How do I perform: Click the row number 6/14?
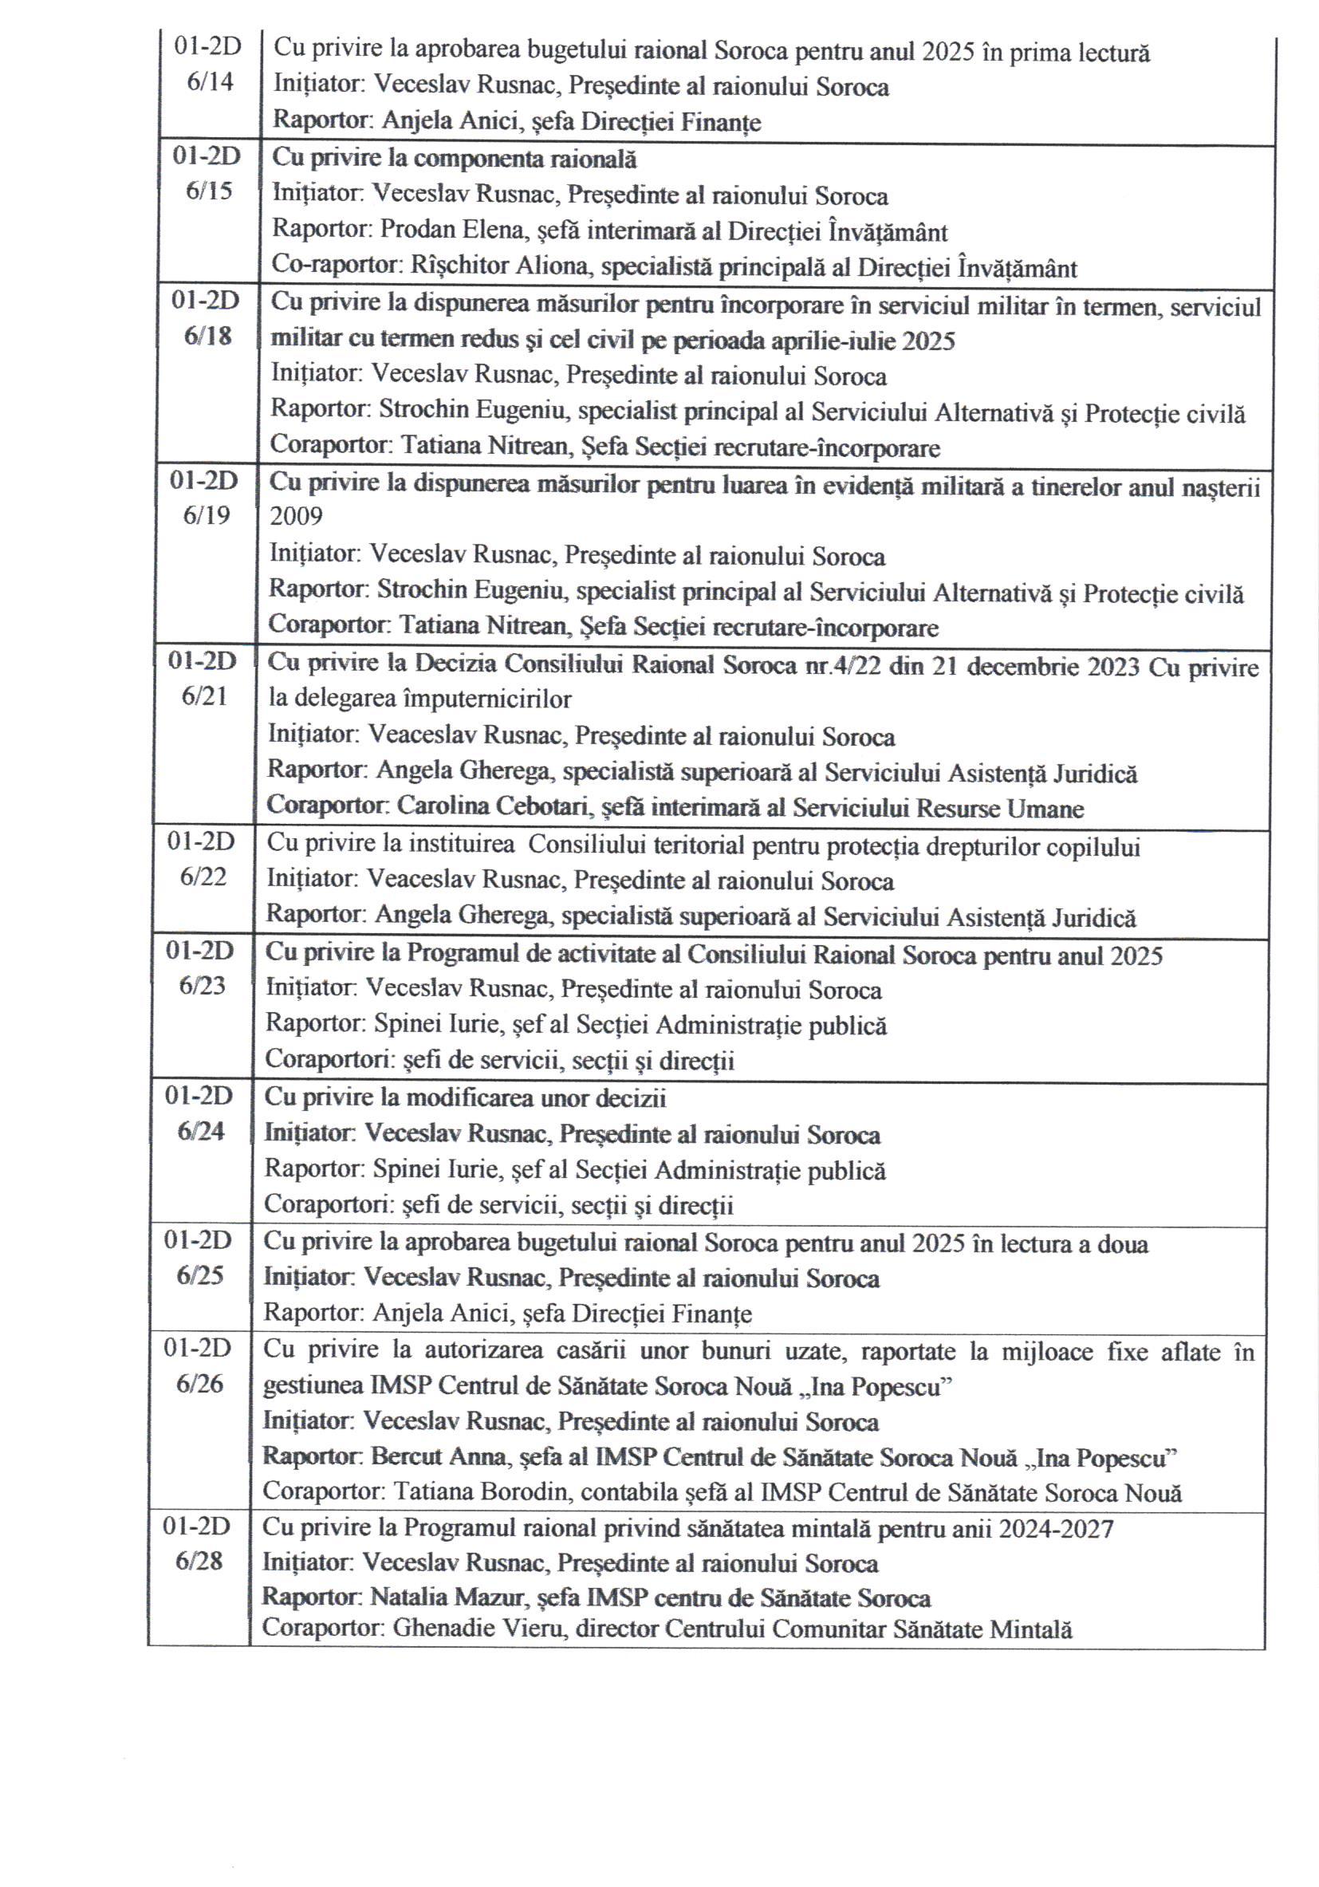(210, 81)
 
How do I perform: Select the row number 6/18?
(207, 336)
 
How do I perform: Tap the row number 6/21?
(204, 696)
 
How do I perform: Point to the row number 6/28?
(199, 1561)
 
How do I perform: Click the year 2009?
(296, 516)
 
